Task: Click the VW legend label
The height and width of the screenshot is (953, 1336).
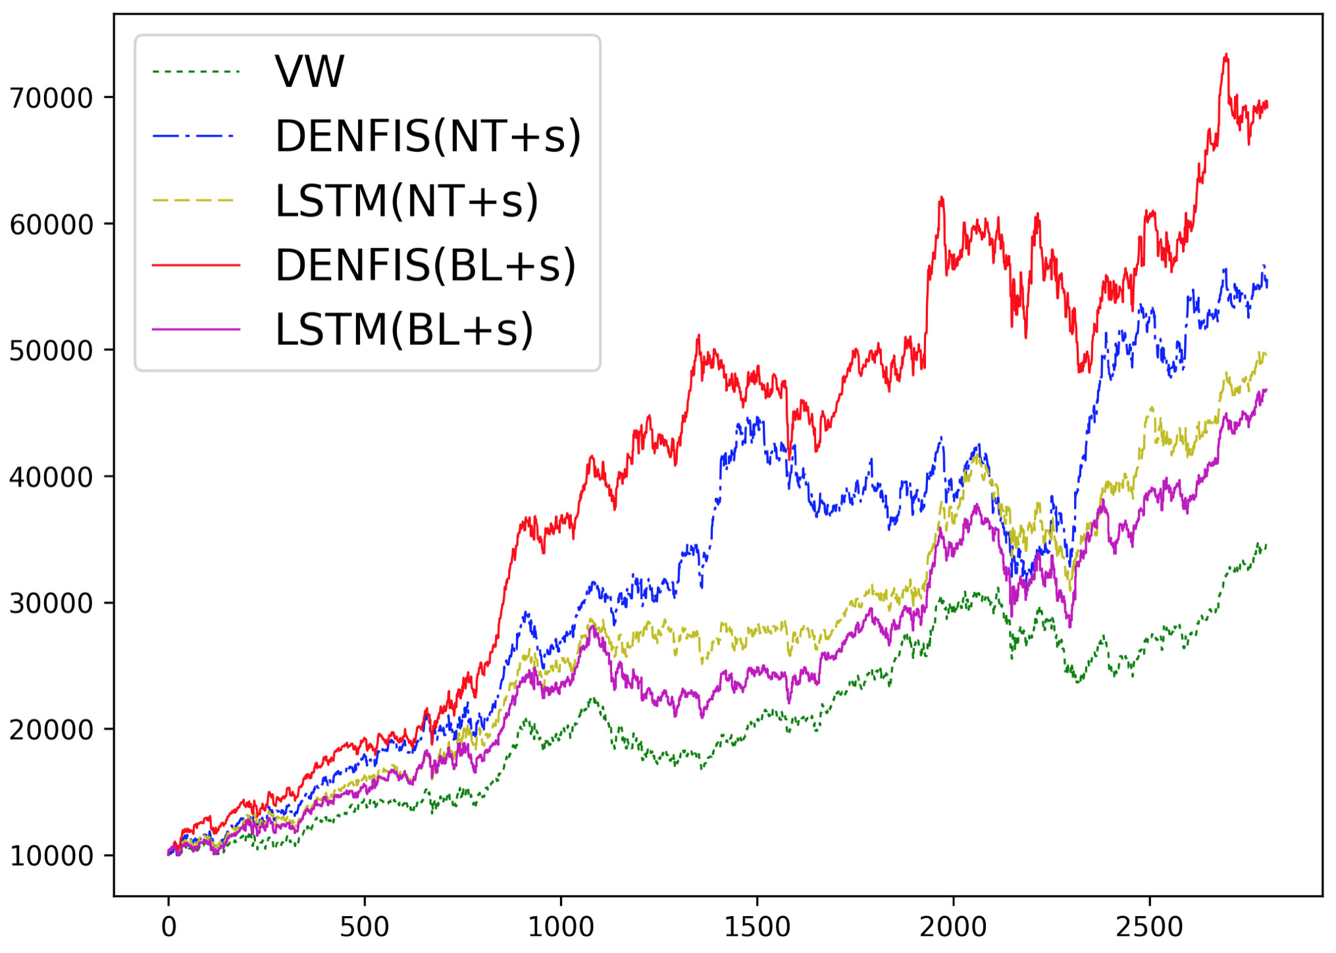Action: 309,71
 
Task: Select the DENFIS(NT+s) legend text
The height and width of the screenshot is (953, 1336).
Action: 428,136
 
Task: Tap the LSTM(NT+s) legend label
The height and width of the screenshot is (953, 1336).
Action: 407,201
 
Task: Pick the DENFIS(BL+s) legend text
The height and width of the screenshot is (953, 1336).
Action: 425,265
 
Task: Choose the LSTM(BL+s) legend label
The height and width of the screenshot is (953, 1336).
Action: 404,330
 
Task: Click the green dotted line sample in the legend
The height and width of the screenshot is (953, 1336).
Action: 195,71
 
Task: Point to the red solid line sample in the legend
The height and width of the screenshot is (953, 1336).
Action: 195,265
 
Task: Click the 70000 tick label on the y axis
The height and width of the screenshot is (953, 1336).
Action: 51,98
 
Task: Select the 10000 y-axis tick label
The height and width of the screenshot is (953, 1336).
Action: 51,856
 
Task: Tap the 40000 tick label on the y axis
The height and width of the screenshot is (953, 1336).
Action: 51,477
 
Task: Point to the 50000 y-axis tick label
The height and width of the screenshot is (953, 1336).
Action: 51,351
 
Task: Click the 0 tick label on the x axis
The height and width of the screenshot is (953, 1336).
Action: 168,927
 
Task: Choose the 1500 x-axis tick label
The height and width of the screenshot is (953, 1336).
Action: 757,927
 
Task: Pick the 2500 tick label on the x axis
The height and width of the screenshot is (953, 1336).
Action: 1149,927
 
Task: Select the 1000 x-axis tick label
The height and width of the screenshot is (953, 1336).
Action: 561,927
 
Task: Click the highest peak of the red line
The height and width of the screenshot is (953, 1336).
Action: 1226,55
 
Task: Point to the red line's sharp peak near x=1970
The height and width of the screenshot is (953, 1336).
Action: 942,197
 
